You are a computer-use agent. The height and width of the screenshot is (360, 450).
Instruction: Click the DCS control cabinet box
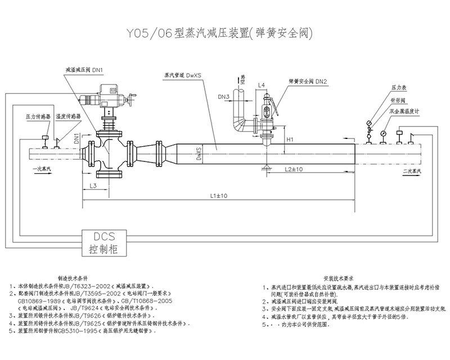pyautogui.click(x=105, y=241)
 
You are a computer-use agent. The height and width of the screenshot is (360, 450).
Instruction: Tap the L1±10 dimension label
pyautogui.click(x=215, y=195)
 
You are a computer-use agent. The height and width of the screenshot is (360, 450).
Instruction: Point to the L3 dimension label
pyautogui.click(x=93, y=185)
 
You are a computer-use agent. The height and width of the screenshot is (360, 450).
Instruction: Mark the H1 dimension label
pyautogui.click(x=290, y=138)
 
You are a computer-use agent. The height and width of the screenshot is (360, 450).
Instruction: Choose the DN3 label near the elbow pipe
pyautogui.click(x=223, y=97)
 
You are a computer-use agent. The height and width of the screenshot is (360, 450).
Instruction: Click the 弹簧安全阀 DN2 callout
pyautogui.click(x=308, y=81)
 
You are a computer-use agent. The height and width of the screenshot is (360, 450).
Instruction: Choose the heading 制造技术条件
pyautogui.click(x=82, y=278)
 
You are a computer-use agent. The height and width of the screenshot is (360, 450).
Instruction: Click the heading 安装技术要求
pyautogui.click(x=337, y=278)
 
